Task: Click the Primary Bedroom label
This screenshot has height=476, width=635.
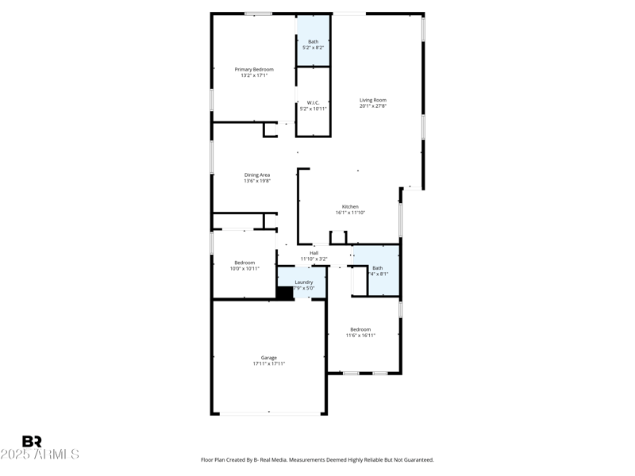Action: [254, 70]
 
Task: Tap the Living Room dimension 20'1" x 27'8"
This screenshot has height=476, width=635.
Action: [372, 106]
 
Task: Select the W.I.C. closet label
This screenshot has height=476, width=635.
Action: [313, 102]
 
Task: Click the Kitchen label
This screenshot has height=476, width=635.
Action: [350, 206]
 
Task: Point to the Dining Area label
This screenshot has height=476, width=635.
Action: [257, 175]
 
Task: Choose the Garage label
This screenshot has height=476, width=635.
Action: [269, 357]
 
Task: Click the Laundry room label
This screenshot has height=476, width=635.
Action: [304, 282]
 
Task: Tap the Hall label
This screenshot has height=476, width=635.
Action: [314, 253]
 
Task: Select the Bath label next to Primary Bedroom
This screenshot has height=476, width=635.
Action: [313, 41]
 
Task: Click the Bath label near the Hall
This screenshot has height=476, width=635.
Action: [378, 268]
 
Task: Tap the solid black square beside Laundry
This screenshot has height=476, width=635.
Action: [284, 292]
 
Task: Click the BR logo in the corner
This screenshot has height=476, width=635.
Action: [32, 442]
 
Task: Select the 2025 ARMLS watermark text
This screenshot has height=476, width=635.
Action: [40, 455]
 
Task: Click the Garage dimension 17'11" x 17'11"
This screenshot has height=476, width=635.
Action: [269, 363]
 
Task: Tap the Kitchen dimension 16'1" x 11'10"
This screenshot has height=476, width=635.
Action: [350, 213]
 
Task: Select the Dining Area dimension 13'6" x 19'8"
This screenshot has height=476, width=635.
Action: [257, 181]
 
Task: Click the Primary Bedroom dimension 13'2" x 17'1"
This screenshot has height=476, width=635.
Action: [254, 75]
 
